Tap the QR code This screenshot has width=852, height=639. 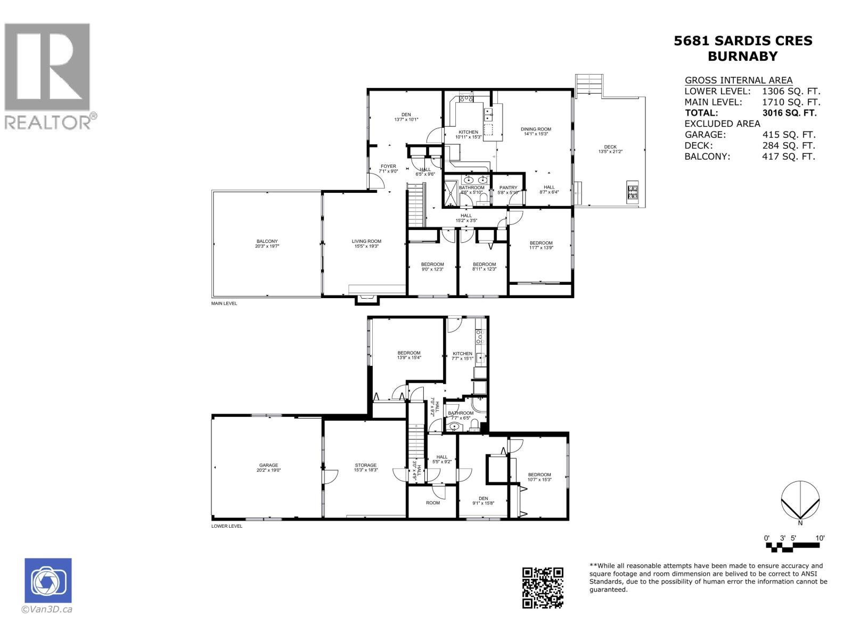click(542, 587)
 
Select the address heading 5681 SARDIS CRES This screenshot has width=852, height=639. click(743, 41)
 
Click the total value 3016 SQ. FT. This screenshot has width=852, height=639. click(789, 113)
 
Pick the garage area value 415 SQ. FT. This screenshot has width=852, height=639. click(789, 135)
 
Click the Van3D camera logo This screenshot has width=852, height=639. click(48, 580)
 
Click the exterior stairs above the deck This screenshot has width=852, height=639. click(590, 85)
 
